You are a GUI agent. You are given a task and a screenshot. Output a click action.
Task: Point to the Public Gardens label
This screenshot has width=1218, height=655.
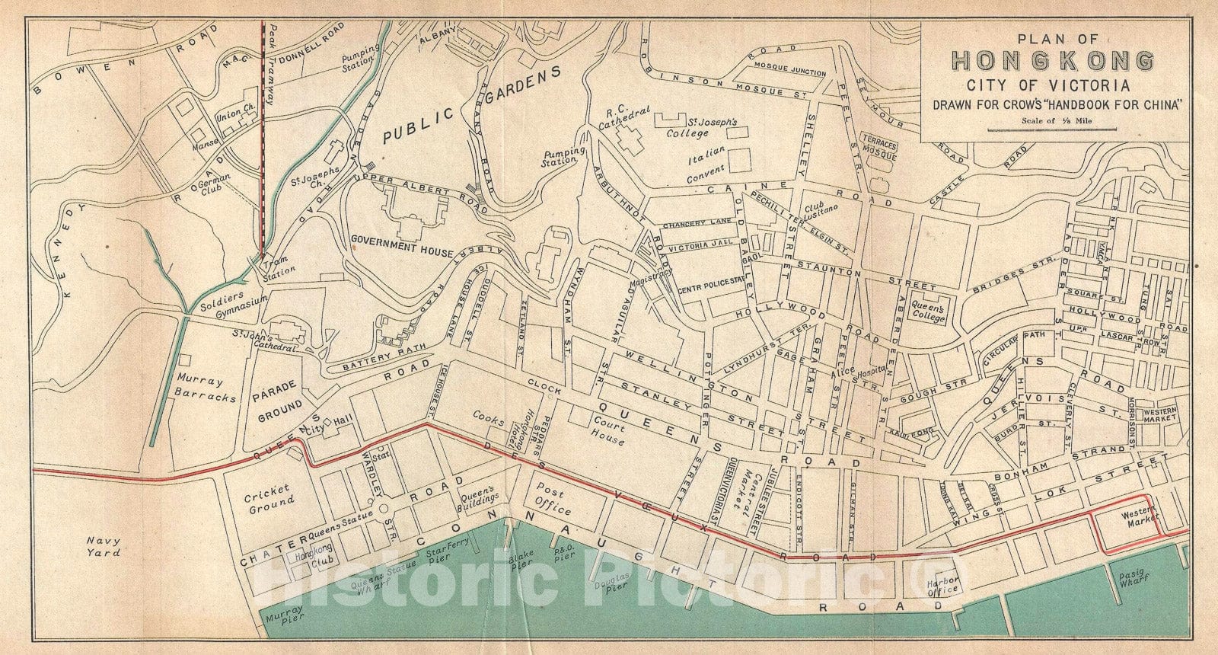(471, 104)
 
